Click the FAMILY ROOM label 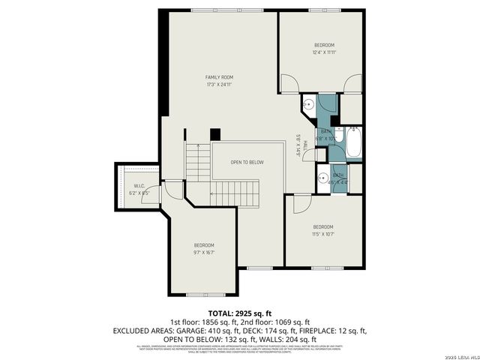(x=220, y=77)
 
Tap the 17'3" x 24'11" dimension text (x=220, y=85)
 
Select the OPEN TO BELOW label (x=247, y=162)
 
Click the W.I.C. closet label (x=139, y=185)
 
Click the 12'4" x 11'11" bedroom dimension (x=324, y=52)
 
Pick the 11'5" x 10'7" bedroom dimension (x=323, y=234)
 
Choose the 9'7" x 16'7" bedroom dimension (x=204, y=253)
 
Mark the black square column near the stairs (x=215, y=134)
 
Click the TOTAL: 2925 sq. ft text (x=240, y=313)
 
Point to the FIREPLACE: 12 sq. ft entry (x=335, y=330)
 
